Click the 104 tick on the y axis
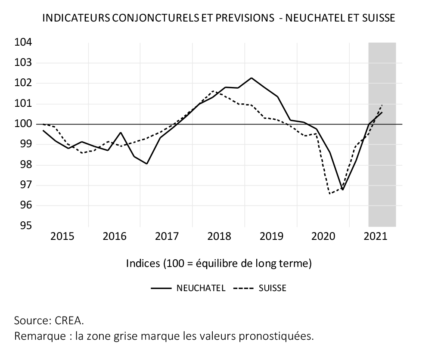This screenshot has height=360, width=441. pos(23,43)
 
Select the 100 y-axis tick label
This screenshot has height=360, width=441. pos(23,124)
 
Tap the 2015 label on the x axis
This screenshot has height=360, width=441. pos(62,236)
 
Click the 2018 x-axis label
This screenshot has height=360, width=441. pos(219,236)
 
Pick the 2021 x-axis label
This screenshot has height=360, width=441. pos(374,236)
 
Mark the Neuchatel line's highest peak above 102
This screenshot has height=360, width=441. pos(252,78)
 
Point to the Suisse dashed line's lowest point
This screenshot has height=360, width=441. pos(330,194)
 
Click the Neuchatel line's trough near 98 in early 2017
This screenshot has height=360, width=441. pos(147,164)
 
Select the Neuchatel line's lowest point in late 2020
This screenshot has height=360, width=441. pos(343,189)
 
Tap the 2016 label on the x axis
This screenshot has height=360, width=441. pos(115,236)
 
